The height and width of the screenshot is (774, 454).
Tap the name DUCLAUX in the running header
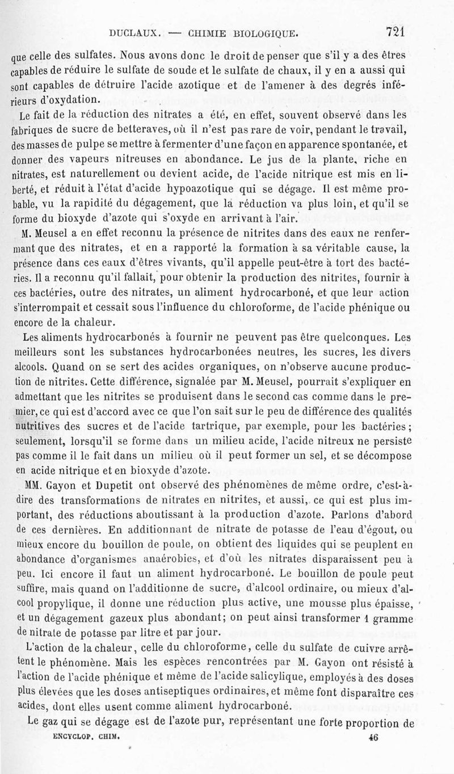(x=135, y=33)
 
